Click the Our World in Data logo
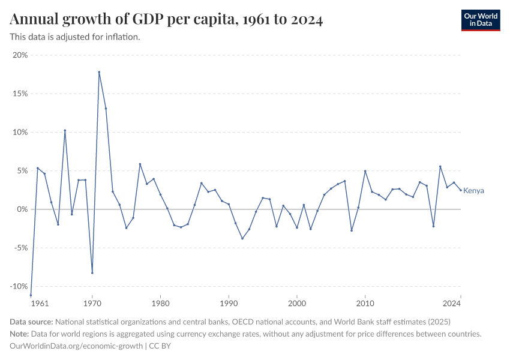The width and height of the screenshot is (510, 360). point(481,20)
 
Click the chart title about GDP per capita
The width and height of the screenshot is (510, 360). point(166,20)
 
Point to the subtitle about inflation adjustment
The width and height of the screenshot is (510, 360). point(75,37)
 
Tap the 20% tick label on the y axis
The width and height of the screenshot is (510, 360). point(20,55)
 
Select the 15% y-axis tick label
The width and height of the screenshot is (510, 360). point(20,94)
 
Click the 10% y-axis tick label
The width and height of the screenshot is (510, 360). point(20,132)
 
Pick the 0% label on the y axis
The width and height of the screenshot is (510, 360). point(22,209)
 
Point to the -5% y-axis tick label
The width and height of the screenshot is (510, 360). point(20,248)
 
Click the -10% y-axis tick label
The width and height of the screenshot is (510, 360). point(19,286)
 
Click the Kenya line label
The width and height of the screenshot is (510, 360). point(473,191)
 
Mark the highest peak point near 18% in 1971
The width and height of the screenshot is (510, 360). point(99,72)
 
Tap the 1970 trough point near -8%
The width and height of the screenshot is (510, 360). point(92,273)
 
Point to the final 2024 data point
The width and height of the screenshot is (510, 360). point(460,190)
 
